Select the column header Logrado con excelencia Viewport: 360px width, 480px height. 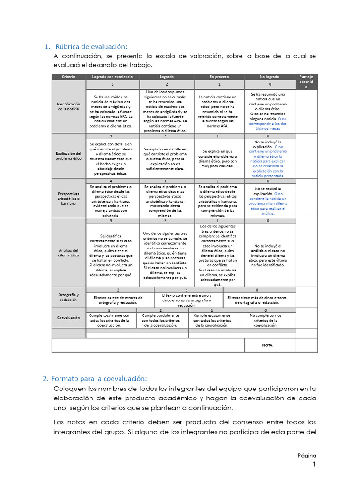click(x=112, y=76)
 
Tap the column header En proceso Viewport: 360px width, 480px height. click(x=219, y=76)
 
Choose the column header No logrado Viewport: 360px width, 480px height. click(x=270, y=76)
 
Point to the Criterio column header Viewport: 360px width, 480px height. click(x=68, y=76)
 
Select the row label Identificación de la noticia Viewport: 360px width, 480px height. click(x=68, y=106)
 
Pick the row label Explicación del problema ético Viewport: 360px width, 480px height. click(x=68, y=156)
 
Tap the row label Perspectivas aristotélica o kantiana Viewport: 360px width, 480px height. click(x=68, y=198)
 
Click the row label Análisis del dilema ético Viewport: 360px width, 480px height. click(x=68, y=253)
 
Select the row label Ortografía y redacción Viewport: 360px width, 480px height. click(x=68, y=297)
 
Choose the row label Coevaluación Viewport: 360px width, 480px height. click(x=68, y=318)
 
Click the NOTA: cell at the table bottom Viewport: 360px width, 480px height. click(x=268, y=345)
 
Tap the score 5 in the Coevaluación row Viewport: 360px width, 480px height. click(x=109, y=310)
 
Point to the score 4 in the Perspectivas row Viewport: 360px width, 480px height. click(x=111, y=181)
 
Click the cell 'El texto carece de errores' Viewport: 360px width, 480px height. click(x=118, y=300)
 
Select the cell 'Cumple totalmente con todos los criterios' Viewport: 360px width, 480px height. click(x=109, y=320)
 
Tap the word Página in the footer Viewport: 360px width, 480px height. click(x=307, y=455)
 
